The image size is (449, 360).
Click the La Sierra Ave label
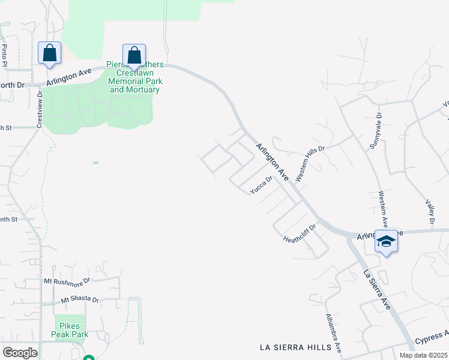376,290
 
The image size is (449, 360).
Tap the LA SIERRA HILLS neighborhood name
295,347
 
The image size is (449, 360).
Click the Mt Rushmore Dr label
67,280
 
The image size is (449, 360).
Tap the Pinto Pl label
4,55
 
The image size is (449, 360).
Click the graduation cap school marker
387,242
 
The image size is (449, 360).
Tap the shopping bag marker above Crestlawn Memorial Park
134,55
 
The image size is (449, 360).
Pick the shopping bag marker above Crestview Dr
49,52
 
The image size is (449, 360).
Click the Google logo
19,353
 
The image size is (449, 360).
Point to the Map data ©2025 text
423,355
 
